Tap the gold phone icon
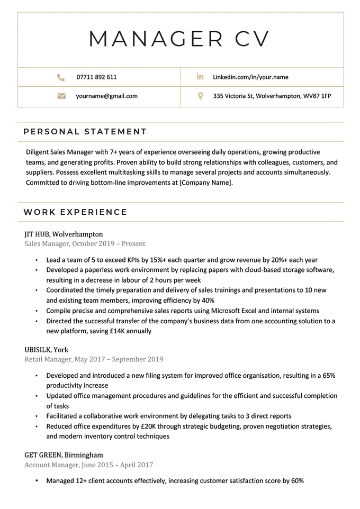pos(61,77)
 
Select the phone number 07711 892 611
pos(96,77)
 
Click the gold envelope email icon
pos(61,96)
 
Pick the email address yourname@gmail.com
pos(106,96)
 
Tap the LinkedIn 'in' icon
pos(200,77)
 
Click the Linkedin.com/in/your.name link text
pos(250,77)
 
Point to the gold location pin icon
pos(200,96)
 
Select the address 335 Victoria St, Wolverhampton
pos(272,96)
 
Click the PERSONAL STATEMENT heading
pos(85,132)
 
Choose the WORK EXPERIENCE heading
pos(76,212)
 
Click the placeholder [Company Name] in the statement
pos(206,183)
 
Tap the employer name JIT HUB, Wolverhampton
pos(64,234)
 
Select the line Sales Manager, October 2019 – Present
pos(85,244)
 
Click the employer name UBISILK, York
pos(47,350)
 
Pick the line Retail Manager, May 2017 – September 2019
pos(94,359)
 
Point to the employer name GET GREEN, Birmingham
pos(64,455)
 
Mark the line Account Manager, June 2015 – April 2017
pos(88,465)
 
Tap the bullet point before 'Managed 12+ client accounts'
pos(37,481)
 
